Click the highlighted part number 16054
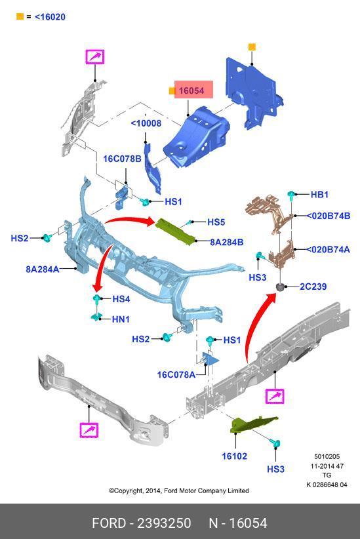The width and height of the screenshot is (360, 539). point(191,90)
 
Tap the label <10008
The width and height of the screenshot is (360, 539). point(146,123)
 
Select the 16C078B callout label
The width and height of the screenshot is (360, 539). point(123,159)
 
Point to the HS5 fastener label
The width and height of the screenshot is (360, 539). point(216,222)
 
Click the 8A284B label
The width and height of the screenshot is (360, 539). point(227,243)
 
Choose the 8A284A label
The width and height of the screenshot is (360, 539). point(42,269)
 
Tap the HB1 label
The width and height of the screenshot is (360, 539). point(319,195)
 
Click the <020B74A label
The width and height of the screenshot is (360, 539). point(328,249)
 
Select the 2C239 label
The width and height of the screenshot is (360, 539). point(313,287)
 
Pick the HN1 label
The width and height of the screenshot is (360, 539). point(121,319)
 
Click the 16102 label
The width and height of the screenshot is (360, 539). point(235,456)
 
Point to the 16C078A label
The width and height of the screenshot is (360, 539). point(176,374)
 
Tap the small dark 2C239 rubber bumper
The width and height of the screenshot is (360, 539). point(281,287)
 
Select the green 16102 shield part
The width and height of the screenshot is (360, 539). point(251,424)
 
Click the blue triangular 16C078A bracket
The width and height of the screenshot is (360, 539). point(210,359)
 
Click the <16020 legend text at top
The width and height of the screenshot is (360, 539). point(50,17)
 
